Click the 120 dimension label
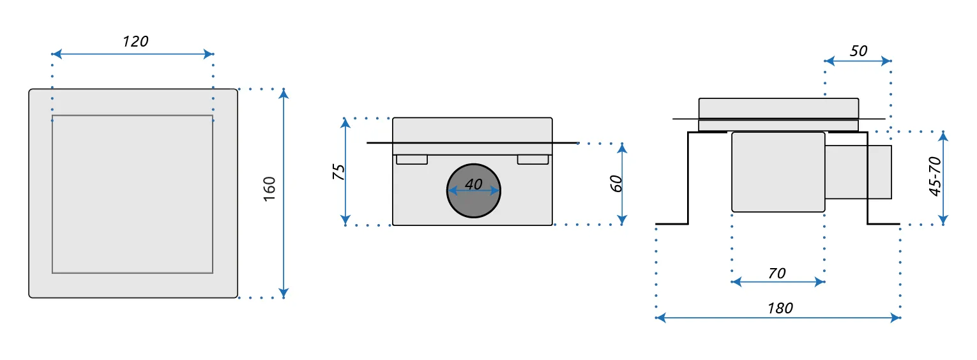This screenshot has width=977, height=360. click(x=135, y=42)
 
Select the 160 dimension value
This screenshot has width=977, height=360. click(x=269, y=190)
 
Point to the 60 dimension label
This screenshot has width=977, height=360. click(x=616, y=184)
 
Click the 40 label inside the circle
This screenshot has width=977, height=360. click(x=473, y=184)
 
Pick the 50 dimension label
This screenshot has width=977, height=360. click(x=859, y=50)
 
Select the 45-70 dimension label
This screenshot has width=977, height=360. click(x=935, y=177)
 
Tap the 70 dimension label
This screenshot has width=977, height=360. click(x=777, y=273)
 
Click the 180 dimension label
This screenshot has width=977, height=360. click(x=780, y=308)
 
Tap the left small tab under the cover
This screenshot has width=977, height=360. click(x=412, y=160)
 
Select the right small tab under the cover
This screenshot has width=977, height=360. click(x=533, y=160)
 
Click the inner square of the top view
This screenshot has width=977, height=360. click(x=132, y=194)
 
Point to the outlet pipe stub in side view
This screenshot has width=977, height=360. click(x=858, y=172)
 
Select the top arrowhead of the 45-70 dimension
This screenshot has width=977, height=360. click(x=944, y=135)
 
